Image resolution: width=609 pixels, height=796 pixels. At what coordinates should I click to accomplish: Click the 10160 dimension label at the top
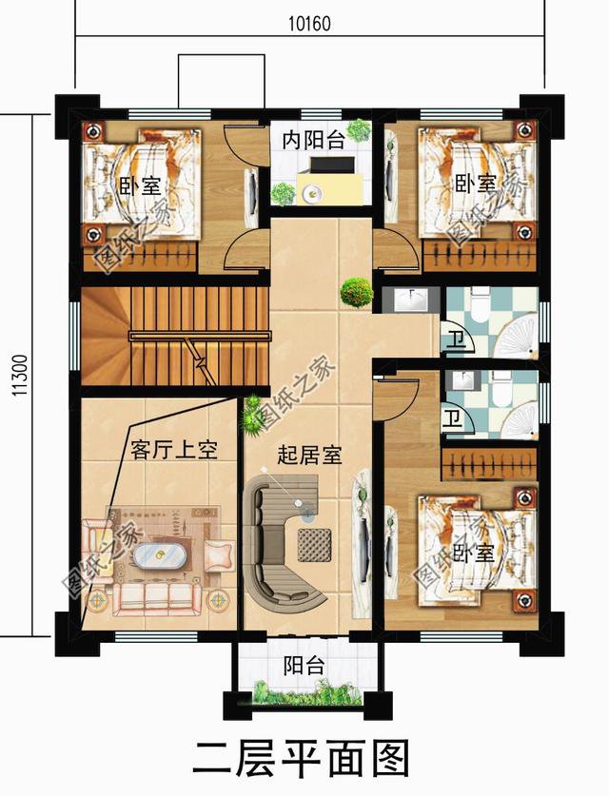coord(307,24)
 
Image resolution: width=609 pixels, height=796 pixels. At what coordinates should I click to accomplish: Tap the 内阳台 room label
coord(313,139)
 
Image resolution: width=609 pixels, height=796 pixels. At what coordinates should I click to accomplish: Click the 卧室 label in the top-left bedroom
coord(139,184)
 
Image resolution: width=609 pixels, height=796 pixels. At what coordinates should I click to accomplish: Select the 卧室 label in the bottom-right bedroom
coord(473,552)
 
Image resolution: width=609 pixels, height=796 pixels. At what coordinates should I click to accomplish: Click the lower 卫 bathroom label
coord(456,417)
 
